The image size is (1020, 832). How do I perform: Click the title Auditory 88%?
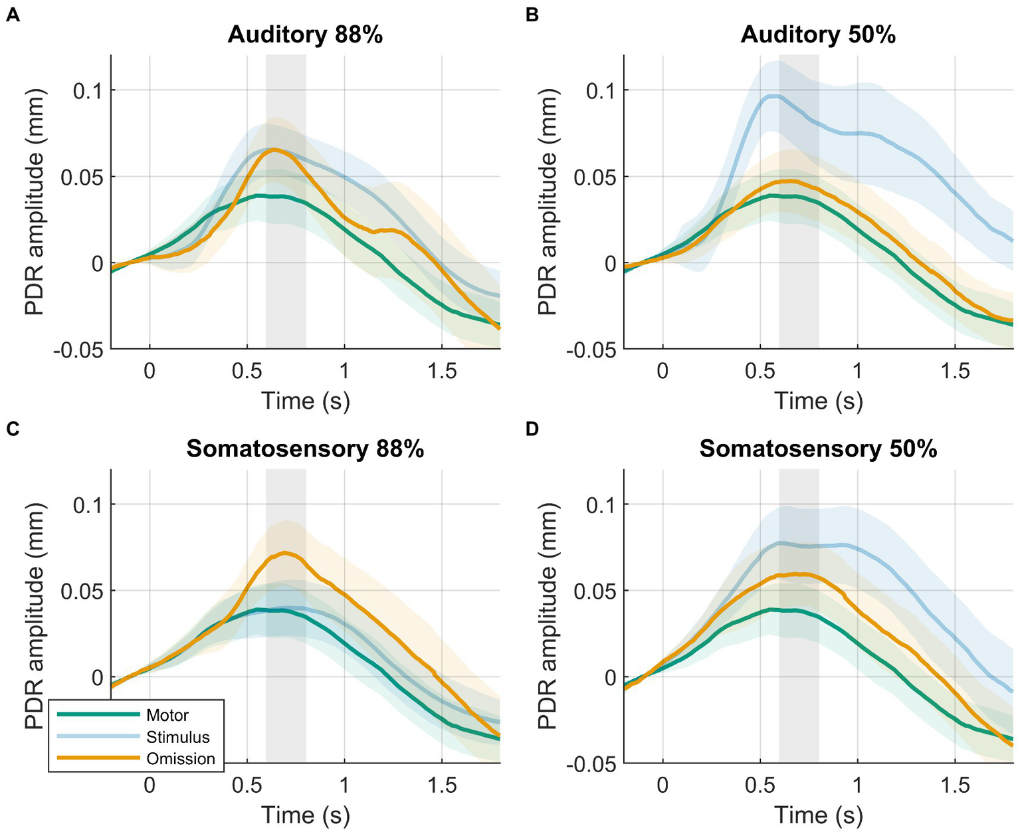click(305, 35)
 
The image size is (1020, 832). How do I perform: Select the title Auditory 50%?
click(818, 35)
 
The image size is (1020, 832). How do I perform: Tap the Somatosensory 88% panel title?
click(305, 449)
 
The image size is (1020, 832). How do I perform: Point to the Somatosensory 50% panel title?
click(818, 449)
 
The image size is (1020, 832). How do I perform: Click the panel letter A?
click(11, 15)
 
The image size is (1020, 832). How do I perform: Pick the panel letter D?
click(532, 429)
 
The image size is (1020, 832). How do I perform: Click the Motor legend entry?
click(167, 715)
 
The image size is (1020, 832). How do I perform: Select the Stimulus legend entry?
click(177, 737)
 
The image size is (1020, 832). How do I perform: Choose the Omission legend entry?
click(180, 759)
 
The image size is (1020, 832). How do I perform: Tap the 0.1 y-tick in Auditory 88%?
click(88, 90)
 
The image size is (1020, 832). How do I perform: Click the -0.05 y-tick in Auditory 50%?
click(591, 350)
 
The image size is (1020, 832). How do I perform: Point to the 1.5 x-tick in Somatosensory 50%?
click(955, 786)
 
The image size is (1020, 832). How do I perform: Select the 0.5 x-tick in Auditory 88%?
click(247, 371)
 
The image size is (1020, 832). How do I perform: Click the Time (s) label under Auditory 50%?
click(818, 401)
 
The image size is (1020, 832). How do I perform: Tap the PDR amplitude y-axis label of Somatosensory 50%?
click(548, 617)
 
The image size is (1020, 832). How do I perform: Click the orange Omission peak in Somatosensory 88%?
click(286, 552)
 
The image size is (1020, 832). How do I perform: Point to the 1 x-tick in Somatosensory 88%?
click(344, 786)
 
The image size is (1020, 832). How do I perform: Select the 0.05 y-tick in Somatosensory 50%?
click(593, 591)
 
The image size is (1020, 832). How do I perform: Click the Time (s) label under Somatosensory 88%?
click(305, 815)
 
